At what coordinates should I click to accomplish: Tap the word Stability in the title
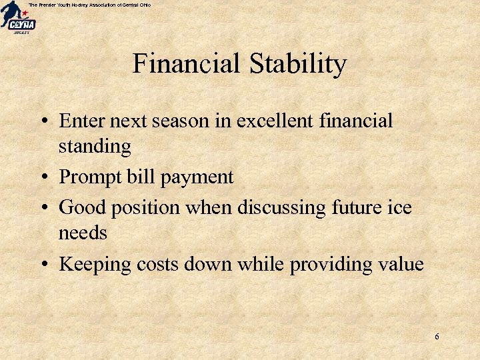(x=298, y=64)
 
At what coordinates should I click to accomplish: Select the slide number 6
(x=437, y=337)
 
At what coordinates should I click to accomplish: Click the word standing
(x=95, y=146)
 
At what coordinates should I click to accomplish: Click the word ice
(x=399, y=207)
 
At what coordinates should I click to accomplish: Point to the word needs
(x=83, y=233)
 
